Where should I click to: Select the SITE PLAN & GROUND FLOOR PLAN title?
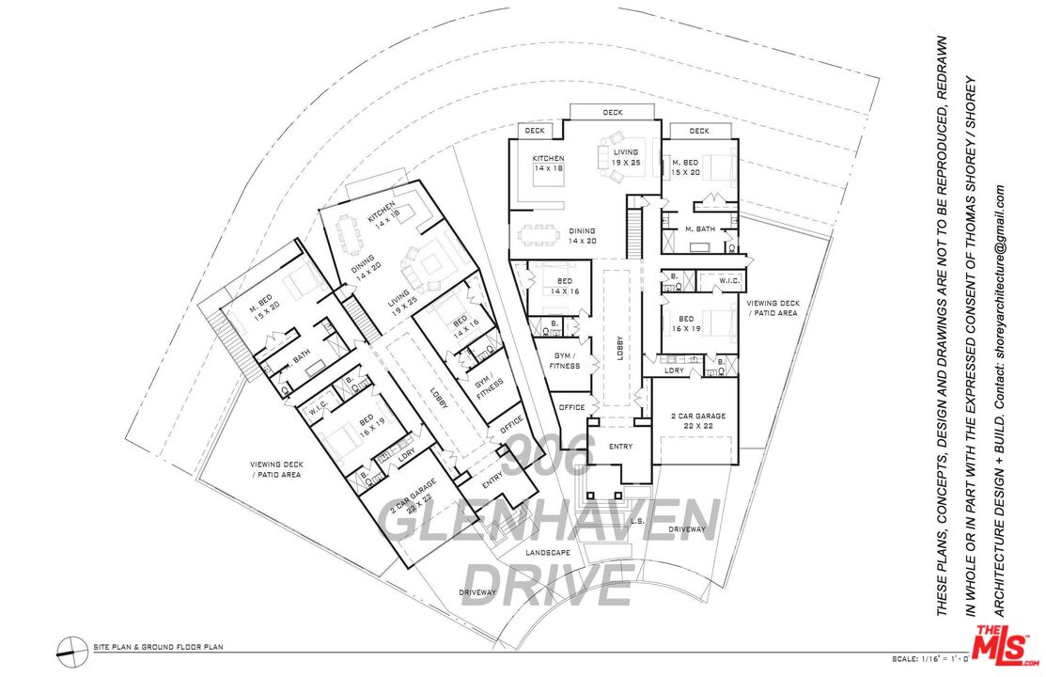157,647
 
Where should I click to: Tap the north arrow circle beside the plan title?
69,647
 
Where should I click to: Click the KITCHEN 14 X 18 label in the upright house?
548,163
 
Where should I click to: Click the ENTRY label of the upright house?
621,447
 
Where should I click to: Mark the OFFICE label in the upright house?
571,407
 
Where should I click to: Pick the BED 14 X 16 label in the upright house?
564,286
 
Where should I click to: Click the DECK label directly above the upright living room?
613,113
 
